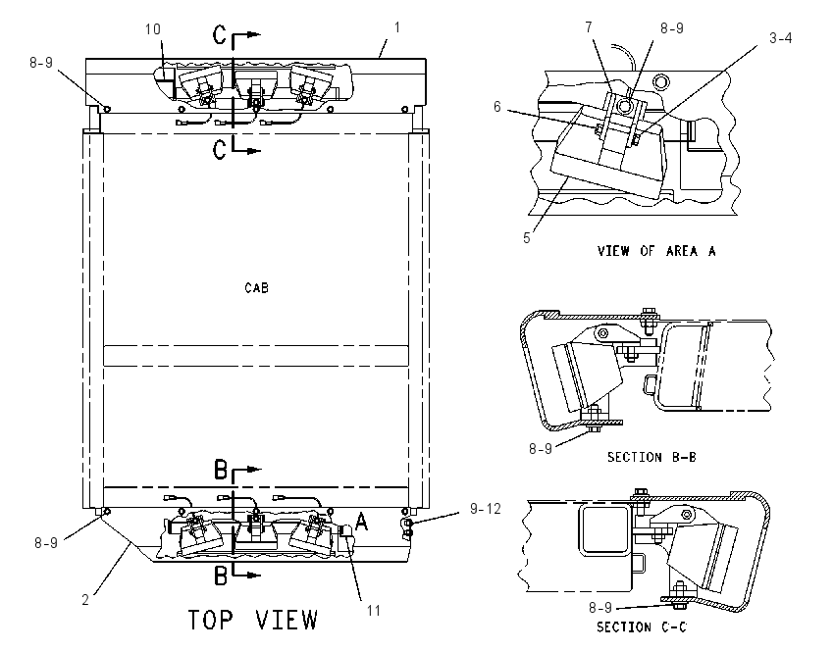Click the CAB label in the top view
[x=256, y=288]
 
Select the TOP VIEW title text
[x=253, y=621]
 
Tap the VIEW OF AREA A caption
[x=656, y=251]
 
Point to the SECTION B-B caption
[x=652, y=457]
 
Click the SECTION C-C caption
[x=642, y=627]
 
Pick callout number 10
[x=153, y=29]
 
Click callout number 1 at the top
[x=396, y=27]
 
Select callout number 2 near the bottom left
[x=85, y=599]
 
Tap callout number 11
[x=374, y=611]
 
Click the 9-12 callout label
[x=485, y=509]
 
